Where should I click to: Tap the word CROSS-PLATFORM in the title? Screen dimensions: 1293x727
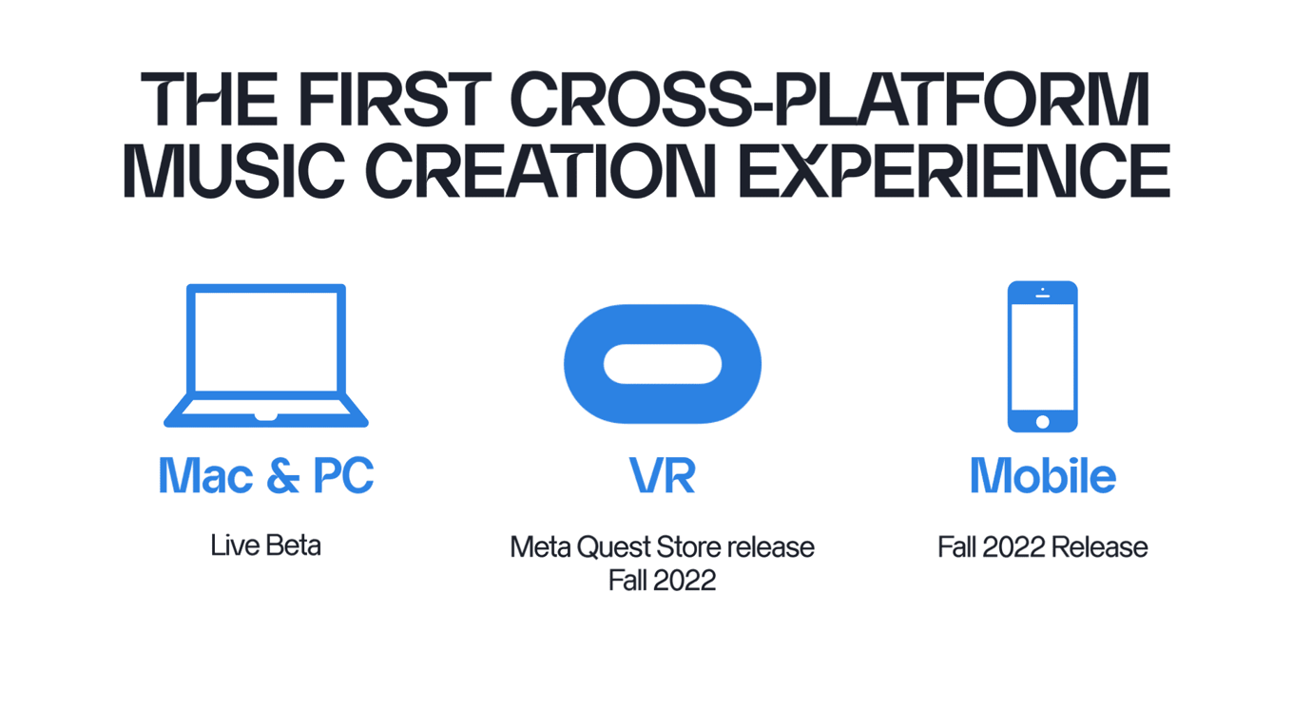(829, 99)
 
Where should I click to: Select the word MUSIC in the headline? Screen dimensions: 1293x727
(234, 171)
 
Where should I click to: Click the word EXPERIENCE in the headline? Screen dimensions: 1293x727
(955, 171)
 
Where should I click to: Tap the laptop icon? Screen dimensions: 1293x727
(266, 355)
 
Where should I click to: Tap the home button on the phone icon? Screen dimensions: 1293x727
(1042, 422)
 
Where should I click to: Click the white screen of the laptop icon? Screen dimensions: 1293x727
(266, 341)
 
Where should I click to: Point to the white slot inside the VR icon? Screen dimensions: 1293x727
(663, 363)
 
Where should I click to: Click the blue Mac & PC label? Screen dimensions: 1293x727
(266, 475)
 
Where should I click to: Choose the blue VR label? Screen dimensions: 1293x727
(662, 475)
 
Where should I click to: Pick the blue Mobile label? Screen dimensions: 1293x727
(1042, 475)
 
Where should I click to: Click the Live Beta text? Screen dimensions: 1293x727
(265, 545)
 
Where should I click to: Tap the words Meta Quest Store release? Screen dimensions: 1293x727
(662, 547)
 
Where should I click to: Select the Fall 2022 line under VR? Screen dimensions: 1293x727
(662, 580)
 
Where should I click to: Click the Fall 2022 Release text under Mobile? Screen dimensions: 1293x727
(1042, 547)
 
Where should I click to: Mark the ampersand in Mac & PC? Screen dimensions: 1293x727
(283, 475)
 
